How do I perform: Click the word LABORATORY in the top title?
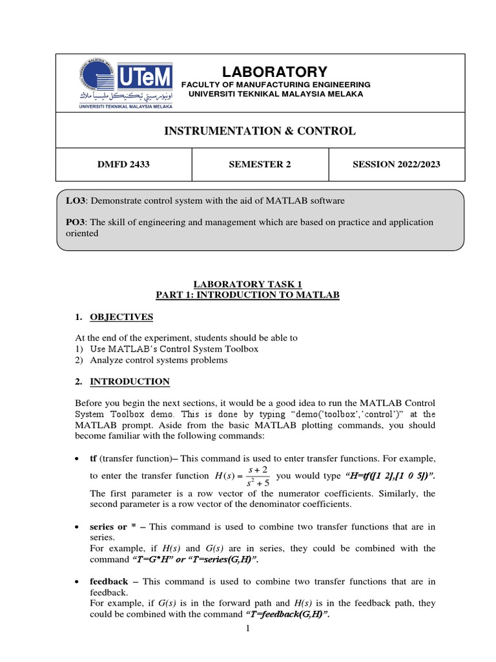pyautogui.click(x=275, y=72)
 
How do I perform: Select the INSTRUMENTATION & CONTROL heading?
pyautogui.click(x=260, y=131)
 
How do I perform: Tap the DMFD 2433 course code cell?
pyautogui.click(x=123, y=164)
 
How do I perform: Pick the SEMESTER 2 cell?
pyautogui.click(x=260, y=164)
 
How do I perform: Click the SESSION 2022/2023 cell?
pyautogui.click(x=396, y=164)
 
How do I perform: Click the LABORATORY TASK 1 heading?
pyautogui.click(x=248, y=284)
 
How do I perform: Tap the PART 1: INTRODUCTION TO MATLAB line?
pyautogui.click(x=248, y=295)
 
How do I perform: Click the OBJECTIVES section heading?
pyautogui.click(x=121, y=317)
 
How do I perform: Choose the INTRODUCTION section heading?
pyautogui.click(x=129, y=381)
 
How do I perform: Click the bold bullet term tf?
pyautogui.click(x=94, y=458)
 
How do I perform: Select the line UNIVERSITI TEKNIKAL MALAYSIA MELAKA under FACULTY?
pyautogui.click(x=275, y=94)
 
